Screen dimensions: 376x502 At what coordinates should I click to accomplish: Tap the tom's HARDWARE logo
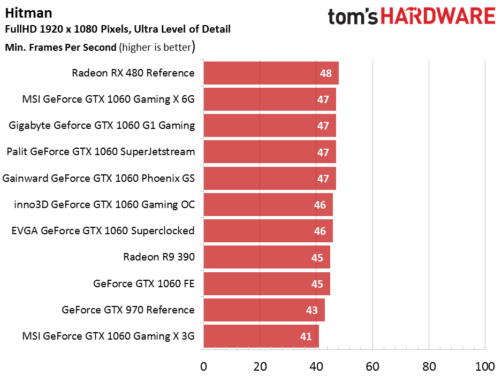point(411,17)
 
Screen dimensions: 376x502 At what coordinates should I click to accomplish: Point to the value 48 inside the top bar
point(326,73)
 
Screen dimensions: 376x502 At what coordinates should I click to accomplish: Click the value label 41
point(306,336)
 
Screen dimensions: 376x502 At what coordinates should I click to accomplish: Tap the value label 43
point(311,310)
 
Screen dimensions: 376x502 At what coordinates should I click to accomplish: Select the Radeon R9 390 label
point(159,257)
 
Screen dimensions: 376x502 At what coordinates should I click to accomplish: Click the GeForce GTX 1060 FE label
point(144,283)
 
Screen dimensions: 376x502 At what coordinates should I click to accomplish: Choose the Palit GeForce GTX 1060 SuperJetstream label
point(101,152)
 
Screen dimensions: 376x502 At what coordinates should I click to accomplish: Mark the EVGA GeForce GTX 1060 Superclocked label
point(103,231)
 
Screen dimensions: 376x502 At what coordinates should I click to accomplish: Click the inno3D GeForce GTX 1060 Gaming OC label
point(105,204)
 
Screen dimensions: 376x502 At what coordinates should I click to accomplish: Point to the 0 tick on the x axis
point(203,366)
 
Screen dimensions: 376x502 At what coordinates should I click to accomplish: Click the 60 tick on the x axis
point(372,366)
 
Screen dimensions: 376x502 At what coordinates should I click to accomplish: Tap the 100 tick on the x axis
point(485,366)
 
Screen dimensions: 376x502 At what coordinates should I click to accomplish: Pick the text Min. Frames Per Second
point(60,47)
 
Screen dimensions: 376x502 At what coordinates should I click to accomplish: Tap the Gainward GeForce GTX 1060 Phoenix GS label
point(98,178)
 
